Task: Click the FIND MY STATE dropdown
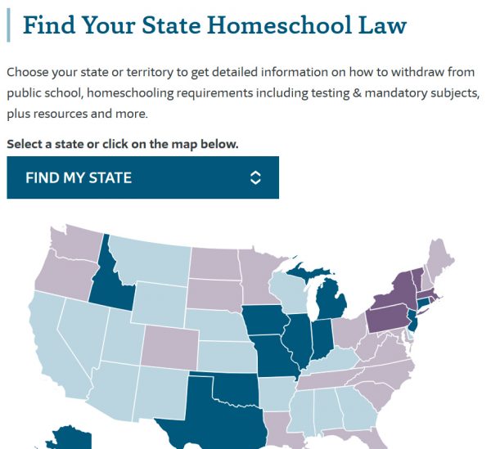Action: point(142,177)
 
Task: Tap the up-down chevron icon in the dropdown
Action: point(255,177)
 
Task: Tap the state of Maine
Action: point(444,249)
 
